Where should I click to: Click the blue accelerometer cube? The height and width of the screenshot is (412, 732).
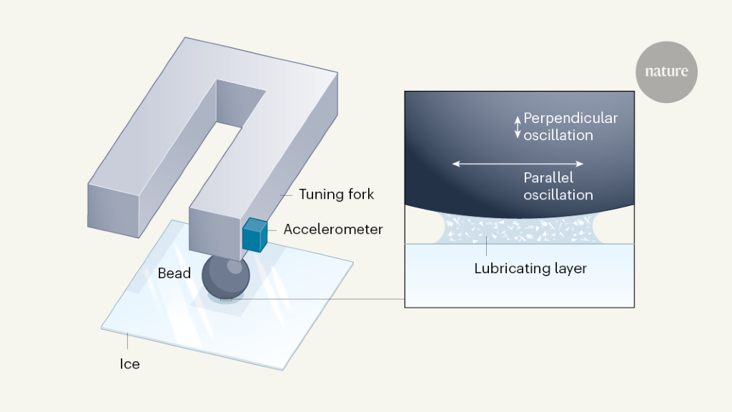pyautogui.click(x=254, y=235)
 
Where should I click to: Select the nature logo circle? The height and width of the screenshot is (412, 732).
pyautogui.click(x=666, y=72)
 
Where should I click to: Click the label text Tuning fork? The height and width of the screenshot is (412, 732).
pyautogui.click(x=337, y=195)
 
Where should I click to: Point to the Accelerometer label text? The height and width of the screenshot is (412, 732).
pyautogui.click(x=333, y=230)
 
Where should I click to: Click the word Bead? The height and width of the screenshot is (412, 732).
pyautogui.click(x=174, y=273)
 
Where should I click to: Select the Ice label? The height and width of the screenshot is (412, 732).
pyautogui.click(x=129, y=364)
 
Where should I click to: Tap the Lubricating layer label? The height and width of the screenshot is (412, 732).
pyautogui.click(x=530, y=269)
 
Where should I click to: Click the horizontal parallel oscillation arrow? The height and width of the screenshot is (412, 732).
pyautogui.click(x=519, y=165)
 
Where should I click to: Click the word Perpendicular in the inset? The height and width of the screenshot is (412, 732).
pyautogui.click(x=570, y=118)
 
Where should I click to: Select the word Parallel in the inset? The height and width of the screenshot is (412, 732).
pyautogui.click(x=548, y=178)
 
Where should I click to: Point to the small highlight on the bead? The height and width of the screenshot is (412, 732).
pyautogui.click(x=234, y=266)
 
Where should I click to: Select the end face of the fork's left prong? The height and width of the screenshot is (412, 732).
pyautogui.click(x=113, y=210)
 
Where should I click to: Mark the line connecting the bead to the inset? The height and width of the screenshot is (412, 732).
pyautogui.click(x=322, y=298)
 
